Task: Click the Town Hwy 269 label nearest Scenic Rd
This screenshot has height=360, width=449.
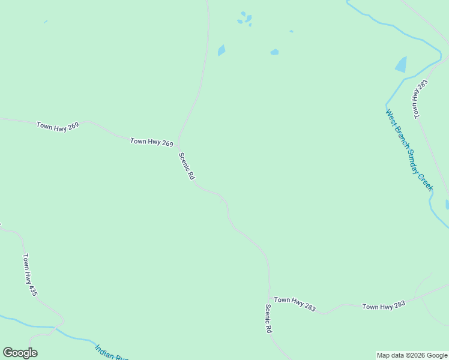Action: pos(152,142)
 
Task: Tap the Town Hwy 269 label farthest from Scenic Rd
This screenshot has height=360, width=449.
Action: pos(58,126)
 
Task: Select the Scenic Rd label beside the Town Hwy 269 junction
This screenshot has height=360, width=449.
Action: pos(187,166)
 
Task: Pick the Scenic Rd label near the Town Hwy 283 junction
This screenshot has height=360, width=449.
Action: pos(269,318)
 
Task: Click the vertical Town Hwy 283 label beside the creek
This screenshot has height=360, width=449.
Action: pos(418,98)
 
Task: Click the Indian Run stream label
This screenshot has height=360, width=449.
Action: pos(111,352)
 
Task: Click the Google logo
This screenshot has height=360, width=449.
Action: pos(20,352)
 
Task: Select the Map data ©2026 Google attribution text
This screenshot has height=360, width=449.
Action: pos(412,355)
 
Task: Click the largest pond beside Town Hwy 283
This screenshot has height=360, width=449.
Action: pos(400,65)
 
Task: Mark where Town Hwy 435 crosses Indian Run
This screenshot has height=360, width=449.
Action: pos(55,328)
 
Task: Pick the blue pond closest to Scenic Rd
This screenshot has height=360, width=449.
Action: pos(221,50)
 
